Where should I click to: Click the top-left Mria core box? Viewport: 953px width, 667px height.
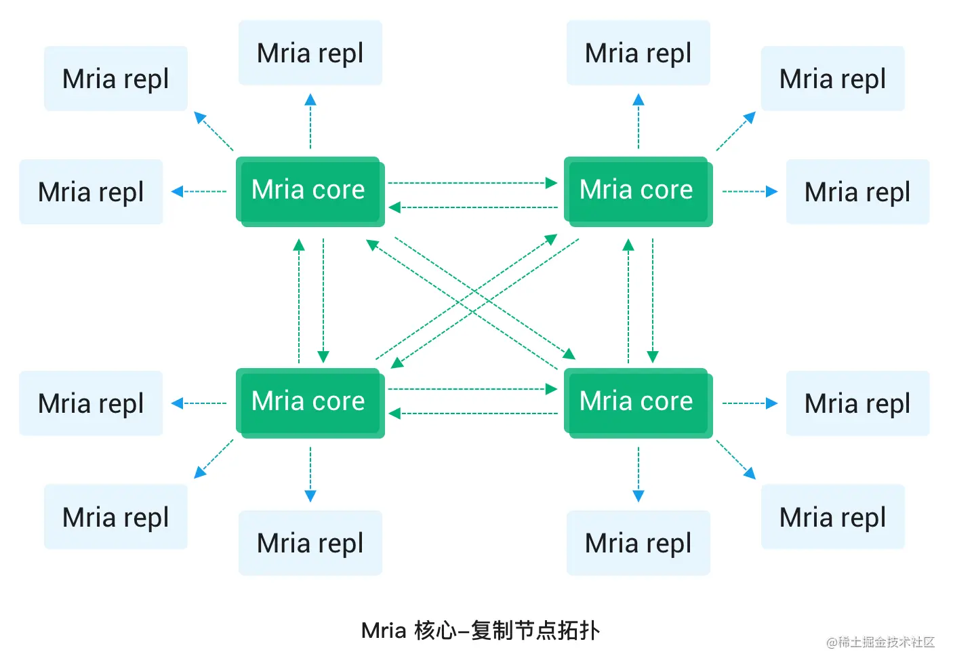click(x=309, y=190)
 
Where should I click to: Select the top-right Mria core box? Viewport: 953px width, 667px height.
click(x=637, y=190)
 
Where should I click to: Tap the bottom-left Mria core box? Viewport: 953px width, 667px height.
click(x=309, y=402)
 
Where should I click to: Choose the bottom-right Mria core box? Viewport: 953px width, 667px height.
click(x=637, y=402)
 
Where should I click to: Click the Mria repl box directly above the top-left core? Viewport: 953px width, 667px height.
click(x=310, y=53)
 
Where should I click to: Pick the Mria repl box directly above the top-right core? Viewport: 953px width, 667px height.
click(x=638, y=53)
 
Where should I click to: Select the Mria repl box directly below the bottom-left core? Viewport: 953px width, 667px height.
click(x=310, y=543)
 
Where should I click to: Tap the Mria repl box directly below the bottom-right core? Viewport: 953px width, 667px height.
click(x=638, y=543)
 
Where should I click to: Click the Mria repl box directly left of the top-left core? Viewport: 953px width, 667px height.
click(x=91, y=192)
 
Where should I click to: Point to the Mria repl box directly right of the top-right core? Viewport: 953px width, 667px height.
click(x=857, y=192)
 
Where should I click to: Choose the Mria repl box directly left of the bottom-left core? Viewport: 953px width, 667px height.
click(x=91, y=403)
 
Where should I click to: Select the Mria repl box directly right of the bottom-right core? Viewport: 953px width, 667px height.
click(x=857, y=403)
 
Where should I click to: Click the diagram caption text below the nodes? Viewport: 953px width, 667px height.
click(x=480, y=630)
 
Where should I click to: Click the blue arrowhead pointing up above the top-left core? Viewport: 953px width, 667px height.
click(x=310, y=100)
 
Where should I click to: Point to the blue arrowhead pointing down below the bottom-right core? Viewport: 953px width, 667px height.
click(x=638, y=496)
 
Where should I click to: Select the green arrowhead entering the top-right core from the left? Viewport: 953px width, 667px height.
click(x=552, y=183)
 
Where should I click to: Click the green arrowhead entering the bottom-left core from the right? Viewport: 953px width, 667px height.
click(x=394, y=413)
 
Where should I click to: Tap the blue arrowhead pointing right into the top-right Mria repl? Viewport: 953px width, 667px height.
click(x=771, y=192)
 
